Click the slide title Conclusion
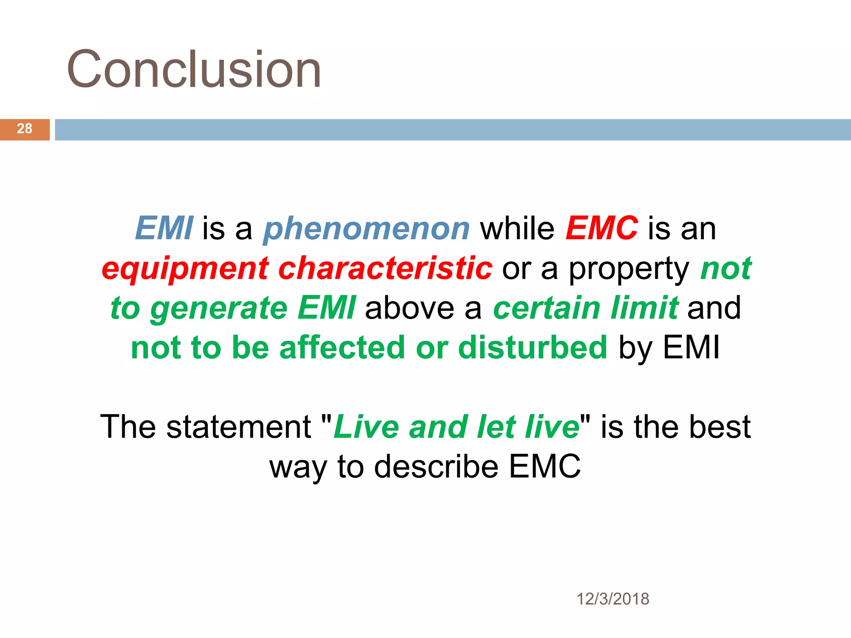tap(194, 69)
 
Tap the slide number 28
tap(25, 129)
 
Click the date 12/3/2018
tap(612, 599)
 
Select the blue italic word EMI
tap(164, 228)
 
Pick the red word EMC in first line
tap(601, 228)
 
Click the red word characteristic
tap(385, 268)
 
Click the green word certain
tap(546, 308)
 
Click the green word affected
tap(342, 348)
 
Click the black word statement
tap(239, 427)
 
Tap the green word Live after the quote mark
tap(366, 427)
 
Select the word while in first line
tap(517, 228)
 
